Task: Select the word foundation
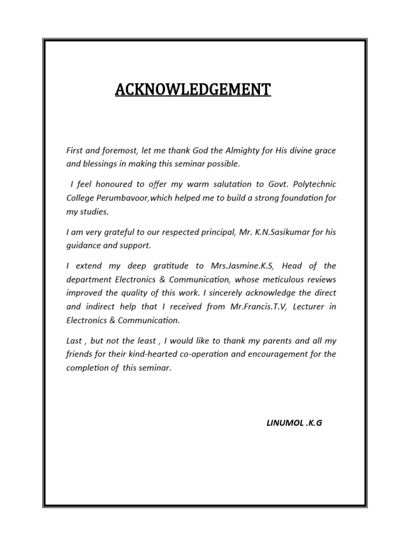299,198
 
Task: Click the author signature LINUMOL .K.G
294,423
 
